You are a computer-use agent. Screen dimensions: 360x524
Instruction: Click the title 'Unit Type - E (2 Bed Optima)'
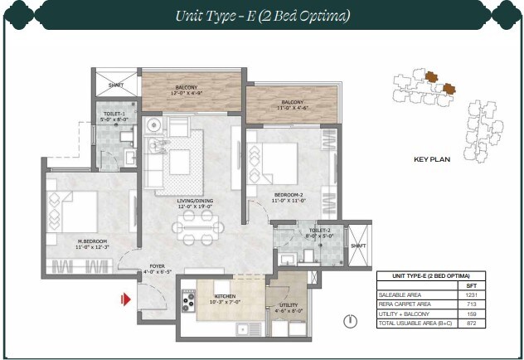[x=262, y=15]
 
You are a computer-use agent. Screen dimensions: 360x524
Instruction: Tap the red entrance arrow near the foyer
[x=127, y=299]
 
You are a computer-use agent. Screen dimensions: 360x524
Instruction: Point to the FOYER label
[x=156, y=268]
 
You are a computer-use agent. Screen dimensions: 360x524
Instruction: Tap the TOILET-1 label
[x=114, y=114]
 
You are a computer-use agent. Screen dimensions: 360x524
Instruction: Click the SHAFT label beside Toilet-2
[x=358, y=246]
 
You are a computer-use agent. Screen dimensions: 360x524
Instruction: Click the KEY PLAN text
[x=431, y=159]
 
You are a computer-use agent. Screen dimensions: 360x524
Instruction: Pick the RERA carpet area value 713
[x=472, y=304]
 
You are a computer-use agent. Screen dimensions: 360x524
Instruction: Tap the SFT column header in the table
[x=472, y=285]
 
